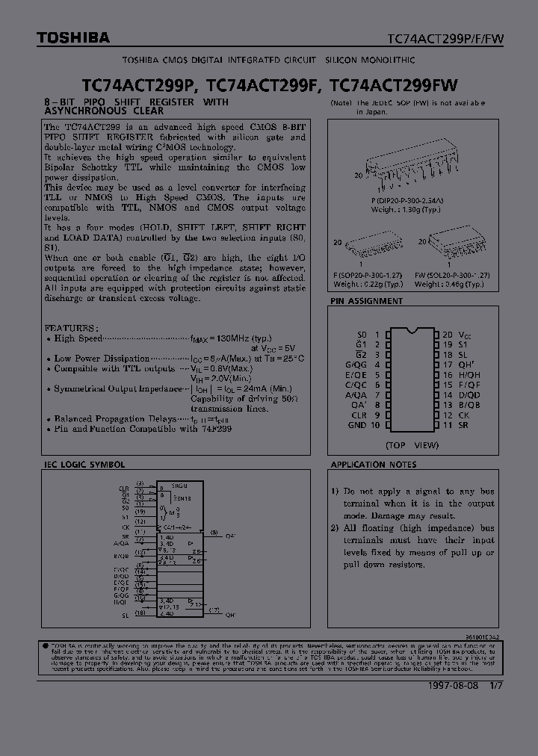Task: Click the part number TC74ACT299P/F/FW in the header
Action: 445,37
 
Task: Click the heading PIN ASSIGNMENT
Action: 366,301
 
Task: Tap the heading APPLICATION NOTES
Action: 374,465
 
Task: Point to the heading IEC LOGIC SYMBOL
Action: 83,465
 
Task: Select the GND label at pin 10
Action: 357,425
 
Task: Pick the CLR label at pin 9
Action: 359,415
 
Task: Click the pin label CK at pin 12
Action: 464,415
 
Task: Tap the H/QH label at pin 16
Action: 469,375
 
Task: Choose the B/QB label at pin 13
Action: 469,405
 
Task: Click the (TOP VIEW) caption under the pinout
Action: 412,444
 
